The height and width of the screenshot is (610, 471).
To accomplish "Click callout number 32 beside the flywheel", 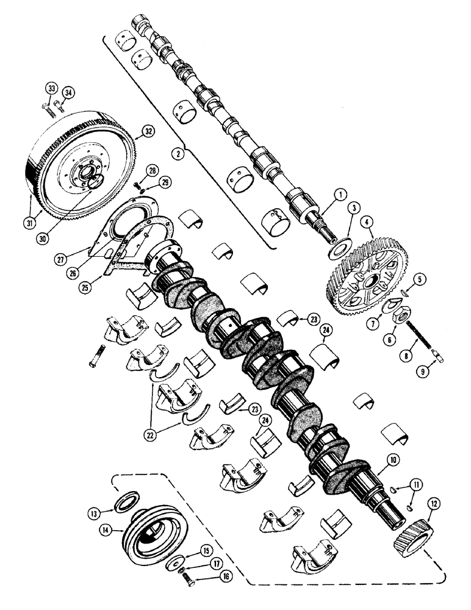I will [x=147, y=131].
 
